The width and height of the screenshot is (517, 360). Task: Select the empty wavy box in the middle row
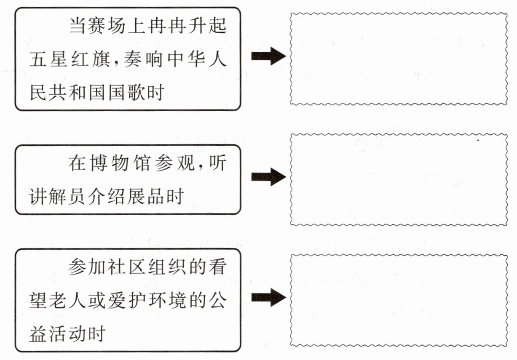398,180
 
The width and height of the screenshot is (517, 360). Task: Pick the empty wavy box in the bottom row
398,300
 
